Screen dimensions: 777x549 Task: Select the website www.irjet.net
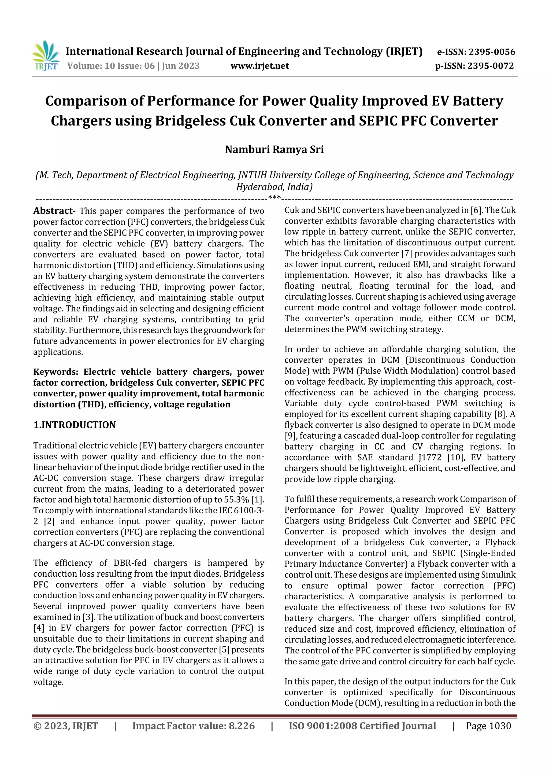point(259,66)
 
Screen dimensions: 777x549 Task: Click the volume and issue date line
point(133,66)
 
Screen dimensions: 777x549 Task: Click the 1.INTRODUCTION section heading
point(75,425)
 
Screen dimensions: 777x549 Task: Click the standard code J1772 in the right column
point(430,458)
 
